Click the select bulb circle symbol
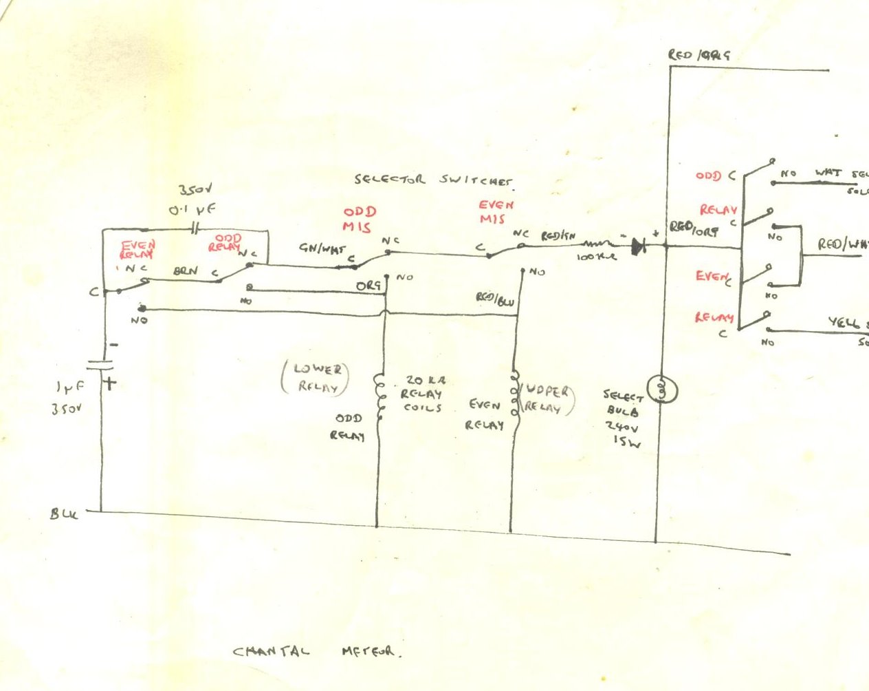point(664,390)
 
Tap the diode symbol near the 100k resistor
point(638,244)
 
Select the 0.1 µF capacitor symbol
point(195,228)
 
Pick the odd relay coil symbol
point(378,397)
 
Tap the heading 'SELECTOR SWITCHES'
point(433,180)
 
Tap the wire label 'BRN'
point(185,271)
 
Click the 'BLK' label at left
point(65,513)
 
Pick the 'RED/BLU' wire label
point(495,298)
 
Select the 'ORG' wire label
point(368,285)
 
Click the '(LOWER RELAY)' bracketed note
point(316,378)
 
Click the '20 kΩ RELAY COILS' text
point(421,394)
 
